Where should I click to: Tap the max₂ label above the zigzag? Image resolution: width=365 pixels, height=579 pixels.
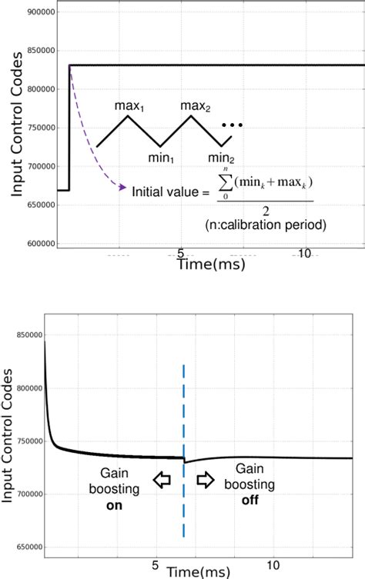click(196, 104)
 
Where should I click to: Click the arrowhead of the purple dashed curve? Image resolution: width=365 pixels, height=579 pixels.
click(123, 187)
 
